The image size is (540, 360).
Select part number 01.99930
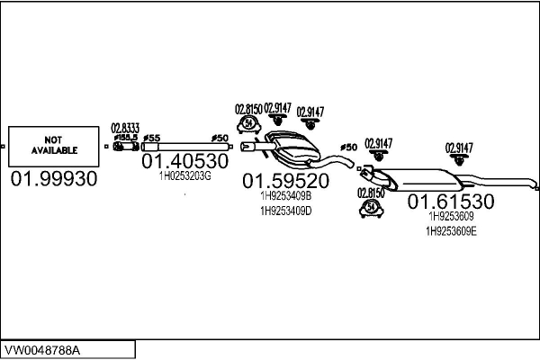(x=53, y=179)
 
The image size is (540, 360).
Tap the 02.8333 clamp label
(x=125, y=128)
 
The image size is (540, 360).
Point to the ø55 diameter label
(x=151, y=138)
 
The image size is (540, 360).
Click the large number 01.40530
(x=184, y=161)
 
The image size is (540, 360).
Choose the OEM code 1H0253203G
(x=184, y=176)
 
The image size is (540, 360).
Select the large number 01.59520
(x=285, y=180)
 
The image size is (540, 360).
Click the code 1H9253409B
(x=285, y=195)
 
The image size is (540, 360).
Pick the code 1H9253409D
(x=285, y=211)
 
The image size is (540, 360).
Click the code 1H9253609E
(x=452, y=231)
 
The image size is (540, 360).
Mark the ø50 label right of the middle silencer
(x=348, y=147)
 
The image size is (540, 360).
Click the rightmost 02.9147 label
(x=460, y=148)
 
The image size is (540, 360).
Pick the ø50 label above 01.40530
(x=218, y=138)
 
